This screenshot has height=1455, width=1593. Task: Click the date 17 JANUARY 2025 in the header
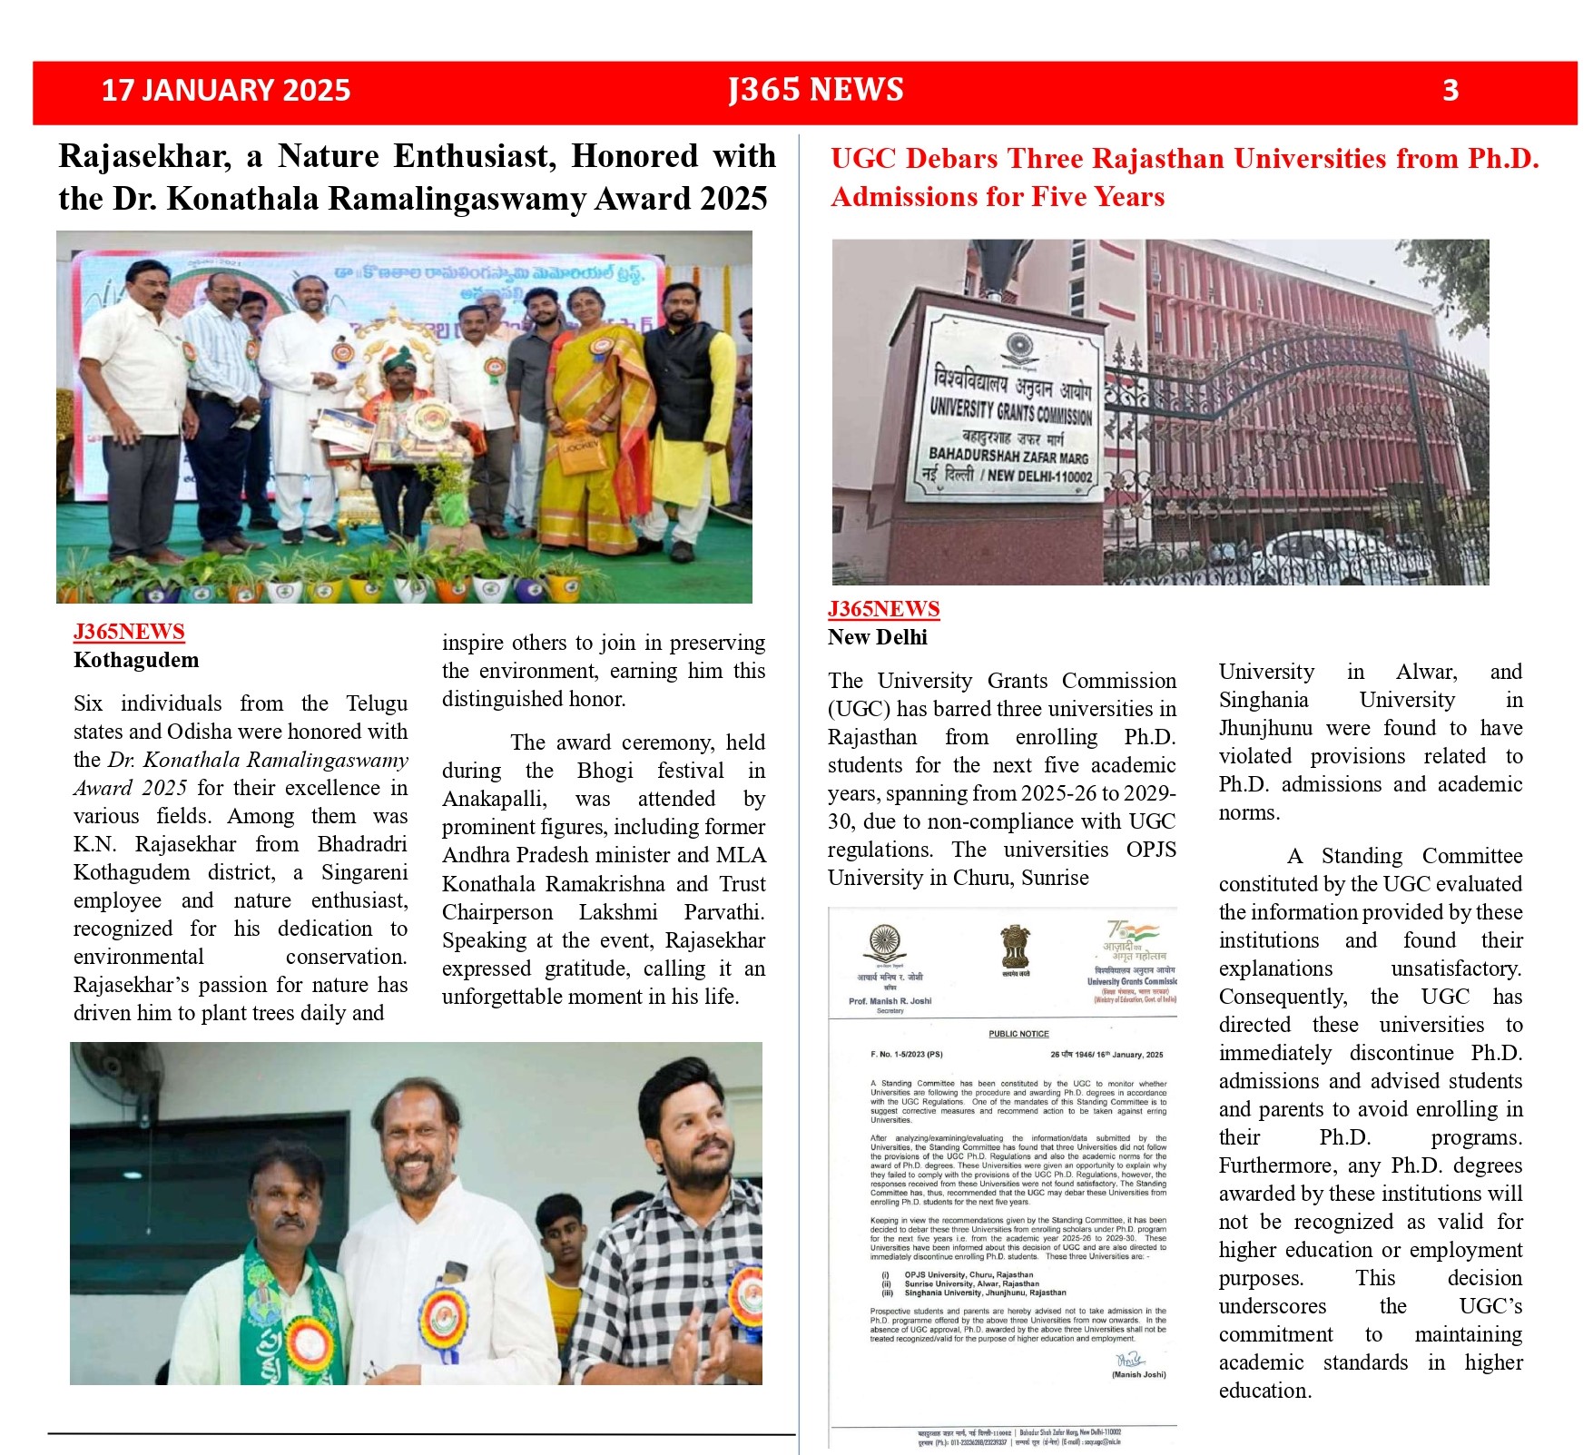coord(225,90)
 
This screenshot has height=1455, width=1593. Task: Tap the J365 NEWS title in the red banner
coord(815,90)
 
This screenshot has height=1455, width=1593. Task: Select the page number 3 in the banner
coord(1450,90)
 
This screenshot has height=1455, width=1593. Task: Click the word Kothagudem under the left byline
coord(136,660)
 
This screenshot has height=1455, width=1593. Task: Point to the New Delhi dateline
coord(877,637)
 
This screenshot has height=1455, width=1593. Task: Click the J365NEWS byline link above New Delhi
coord(883,609)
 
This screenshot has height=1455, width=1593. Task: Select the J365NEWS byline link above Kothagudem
coord(129,632)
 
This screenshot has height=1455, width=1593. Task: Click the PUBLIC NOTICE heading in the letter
coord(1018,1034)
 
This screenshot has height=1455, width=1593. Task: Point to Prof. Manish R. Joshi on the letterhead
coord(890,1001)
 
